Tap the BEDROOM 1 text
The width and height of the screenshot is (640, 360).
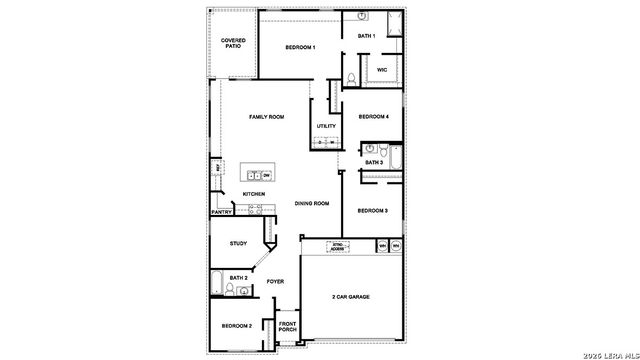pos(300,47)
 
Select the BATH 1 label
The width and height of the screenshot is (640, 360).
pos(367,36)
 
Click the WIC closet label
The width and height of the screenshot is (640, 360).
pos(382,70)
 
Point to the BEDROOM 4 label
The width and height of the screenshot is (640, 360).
pos(373,115)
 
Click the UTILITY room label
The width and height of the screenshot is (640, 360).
pos(326,126)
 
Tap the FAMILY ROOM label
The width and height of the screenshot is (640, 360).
pos(267,117)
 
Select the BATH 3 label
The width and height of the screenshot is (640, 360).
pos(373,162)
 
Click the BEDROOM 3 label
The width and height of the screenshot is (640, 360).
pos(373,210)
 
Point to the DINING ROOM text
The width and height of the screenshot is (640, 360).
pos(311,204)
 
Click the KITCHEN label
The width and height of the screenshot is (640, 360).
pos(253,194)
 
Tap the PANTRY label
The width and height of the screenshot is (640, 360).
pos(222,212)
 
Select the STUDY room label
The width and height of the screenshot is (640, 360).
pos(238,243)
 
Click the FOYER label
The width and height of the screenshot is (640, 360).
pos(275,281)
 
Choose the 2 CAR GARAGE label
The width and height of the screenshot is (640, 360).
pos(352,297)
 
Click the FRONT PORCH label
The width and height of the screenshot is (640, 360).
pos(287,326)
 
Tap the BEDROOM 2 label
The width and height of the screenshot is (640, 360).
pos(237,326)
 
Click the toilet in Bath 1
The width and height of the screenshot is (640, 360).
pos(351,78)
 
